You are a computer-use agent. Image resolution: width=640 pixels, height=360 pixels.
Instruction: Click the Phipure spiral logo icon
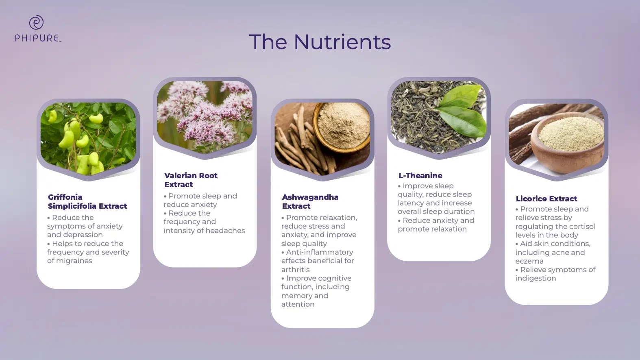[x=36, y=22]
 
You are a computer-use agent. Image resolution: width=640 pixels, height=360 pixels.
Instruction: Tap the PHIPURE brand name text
[x=37, y=38]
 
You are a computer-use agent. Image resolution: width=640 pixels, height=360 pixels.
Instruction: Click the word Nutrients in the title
[x=342, y=42]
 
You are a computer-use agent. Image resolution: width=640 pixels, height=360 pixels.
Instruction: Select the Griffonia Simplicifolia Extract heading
[x=87, y=202]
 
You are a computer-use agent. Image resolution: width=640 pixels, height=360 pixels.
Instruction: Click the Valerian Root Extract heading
[x=191, y=180]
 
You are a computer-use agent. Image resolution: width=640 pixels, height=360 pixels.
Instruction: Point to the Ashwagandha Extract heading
[x=310, y=202]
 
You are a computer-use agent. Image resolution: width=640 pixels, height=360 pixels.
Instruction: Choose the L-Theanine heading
[x=420, y=176]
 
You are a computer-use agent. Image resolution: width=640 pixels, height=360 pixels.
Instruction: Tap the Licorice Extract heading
[x=546, y=199]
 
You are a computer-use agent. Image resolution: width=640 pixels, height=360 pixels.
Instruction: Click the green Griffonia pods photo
[x=88, y=139]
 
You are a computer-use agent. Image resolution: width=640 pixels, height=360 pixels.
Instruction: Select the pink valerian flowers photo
[x=205, y=117]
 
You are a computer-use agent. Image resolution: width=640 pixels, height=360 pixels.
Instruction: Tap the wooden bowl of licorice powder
[x=567, y=142]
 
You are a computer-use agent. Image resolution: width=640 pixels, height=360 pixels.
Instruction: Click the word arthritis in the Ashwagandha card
[x=296, y=269]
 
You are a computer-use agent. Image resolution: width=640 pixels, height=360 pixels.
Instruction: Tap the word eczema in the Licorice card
[x=529, y=261]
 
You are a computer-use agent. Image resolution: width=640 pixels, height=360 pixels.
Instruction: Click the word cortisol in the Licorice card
[x=582, y=227]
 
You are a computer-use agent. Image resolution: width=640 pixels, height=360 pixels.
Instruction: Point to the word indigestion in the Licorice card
[x=536, y=278]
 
